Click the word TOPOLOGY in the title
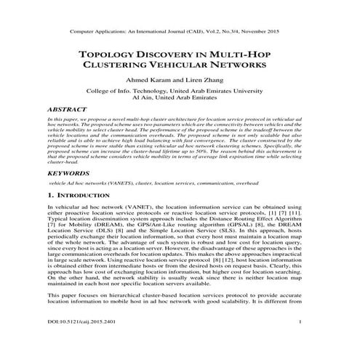[111, 56]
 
